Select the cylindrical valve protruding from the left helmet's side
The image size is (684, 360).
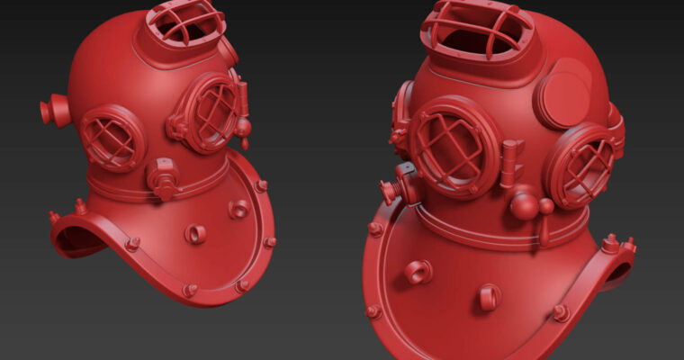click(55, 111)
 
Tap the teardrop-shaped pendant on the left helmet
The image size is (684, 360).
click(243, 128)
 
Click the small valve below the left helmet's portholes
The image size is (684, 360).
click(164, 177)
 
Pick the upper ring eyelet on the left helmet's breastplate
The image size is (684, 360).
click(238, 210)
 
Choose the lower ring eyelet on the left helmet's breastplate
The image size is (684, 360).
click(195, 234)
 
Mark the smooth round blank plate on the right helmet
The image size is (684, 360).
click(564, 94)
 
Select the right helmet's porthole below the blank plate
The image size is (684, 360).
click(582, 166)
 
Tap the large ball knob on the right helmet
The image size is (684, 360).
click(525, 207)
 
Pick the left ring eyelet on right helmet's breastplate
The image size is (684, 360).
click(418, 271)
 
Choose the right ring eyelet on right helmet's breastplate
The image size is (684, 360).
click(487, 296)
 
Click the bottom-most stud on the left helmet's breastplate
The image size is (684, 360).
click(190, 290)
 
